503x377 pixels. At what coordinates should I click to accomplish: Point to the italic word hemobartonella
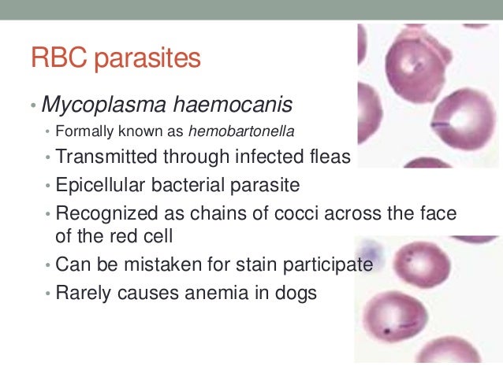(x=240, y=130)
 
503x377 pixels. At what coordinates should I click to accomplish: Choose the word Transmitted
(x=107, y=157)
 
